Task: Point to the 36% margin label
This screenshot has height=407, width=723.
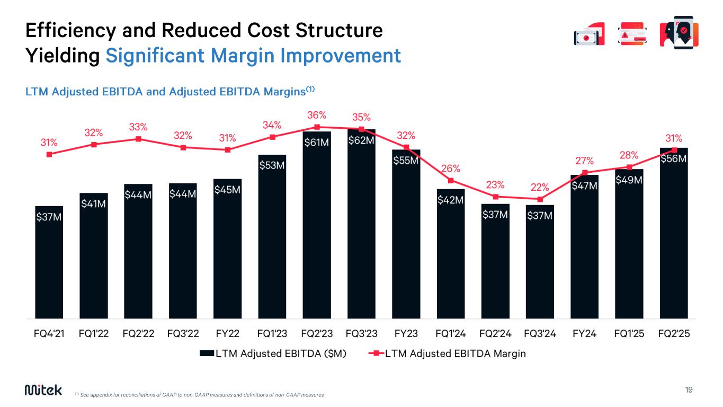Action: point(317,115)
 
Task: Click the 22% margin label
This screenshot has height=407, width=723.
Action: point(540,187)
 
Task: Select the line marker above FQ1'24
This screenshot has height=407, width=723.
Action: point(451,180)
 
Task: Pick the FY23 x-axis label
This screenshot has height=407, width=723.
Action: point(406,334)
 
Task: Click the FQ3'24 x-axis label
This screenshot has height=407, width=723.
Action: point(540,334)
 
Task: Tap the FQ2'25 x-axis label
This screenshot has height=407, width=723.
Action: point(674,334)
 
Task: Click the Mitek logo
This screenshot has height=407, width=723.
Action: point(43,390)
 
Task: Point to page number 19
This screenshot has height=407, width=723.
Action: point(689,390)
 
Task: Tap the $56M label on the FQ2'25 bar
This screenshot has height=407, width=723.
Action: point(674,158)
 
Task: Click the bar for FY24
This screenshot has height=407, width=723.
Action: point(585,249)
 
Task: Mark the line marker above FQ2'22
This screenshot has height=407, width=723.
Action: point(138,139)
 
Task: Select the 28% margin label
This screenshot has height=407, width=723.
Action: point(629,155)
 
